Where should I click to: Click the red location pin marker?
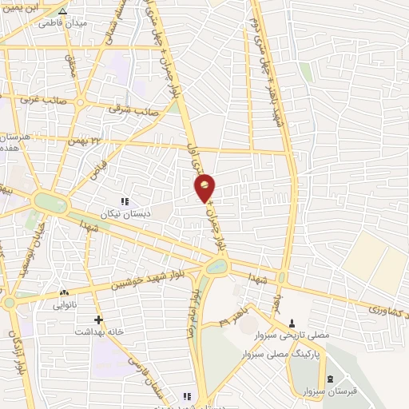[205, 188]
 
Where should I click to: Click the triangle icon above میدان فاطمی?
[63, 11]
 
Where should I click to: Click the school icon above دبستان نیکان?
[124, 201]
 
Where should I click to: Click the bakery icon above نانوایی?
[66, 293]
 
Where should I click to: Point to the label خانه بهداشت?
[99, 330]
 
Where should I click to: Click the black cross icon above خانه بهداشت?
[99, 319]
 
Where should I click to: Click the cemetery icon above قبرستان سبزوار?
[331, 379]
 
